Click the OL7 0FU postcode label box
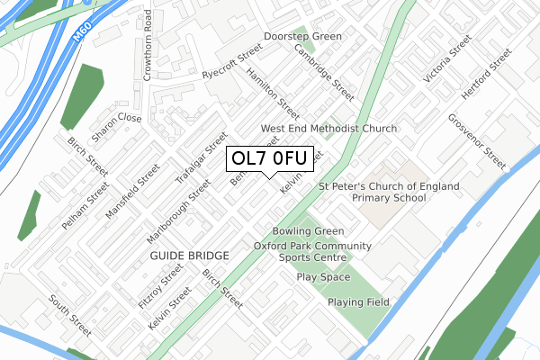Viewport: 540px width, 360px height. (270, 158)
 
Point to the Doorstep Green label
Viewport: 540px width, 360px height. (302, 37)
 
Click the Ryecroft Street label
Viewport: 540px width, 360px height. (231, 61)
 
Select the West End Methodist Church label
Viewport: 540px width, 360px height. (328, 129)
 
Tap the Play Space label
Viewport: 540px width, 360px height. (323, 277)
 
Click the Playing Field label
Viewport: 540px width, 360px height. (358, 302)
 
